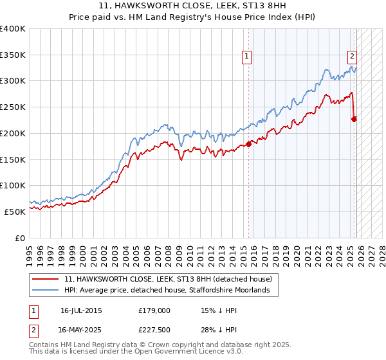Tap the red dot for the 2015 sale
point(249,144)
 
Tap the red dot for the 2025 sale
point(354,118)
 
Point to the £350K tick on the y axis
point(13,55)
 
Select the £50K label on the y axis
point(15,212)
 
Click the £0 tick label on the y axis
point(20,238)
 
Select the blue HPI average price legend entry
point(171,291)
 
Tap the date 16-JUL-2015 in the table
point(81,310)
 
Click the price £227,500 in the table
point(154,330)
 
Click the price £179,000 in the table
point(154,310)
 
